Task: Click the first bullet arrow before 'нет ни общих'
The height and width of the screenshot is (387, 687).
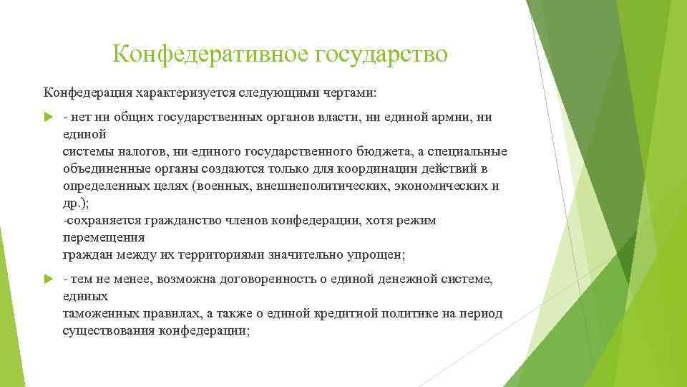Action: coord(48,118)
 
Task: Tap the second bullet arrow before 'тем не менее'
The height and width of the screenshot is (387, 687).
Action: coord(48,279)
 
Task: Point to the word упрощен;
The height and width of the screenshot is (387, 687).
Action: coord(374,255)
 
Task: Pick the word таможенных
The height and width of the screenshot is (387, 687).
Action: coord(100,313)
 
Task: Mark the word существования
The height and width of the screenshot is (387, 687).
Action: coord(108,330)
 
